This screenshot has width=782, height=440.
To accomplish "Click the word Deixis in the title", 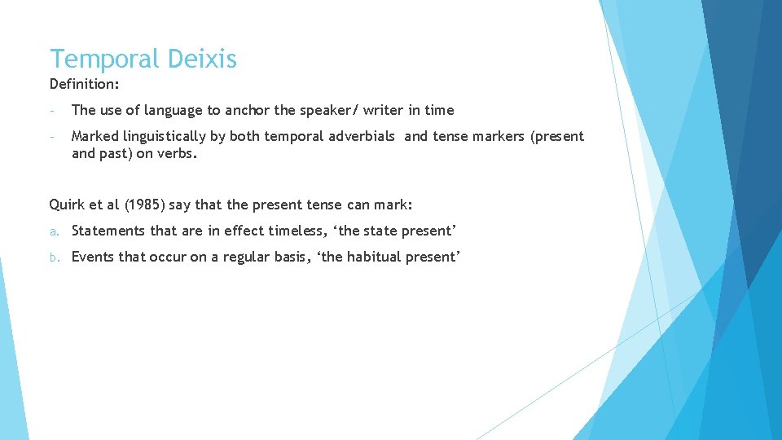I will [202, 59].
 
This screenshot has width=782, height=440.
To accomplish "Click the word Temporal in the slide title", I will [105, 59].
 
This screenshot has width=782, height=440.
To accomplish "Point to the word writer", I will [388, 110].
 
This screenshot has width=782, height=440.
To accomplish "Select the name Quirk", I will [67, 205].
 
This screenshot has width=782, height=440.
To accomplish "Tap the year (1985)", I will [137, 205].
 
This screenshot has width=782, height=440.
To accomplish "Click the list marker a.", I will [53, 231].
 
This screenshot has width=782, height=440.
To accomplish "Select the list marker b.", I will [53, 257].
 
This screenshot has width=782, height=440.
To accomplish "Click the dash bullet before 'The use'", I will [52, 110].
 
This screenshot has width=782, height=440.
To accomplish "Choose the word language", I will [171, 110].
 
